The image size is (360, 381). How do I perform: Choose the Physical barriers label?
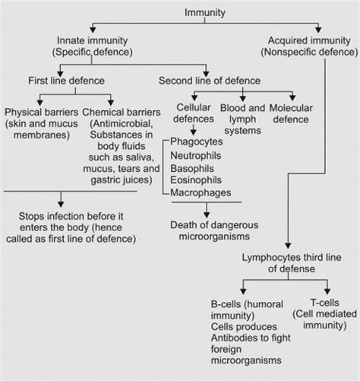40,113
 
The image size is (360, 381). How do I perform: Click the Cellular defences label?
194,113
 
